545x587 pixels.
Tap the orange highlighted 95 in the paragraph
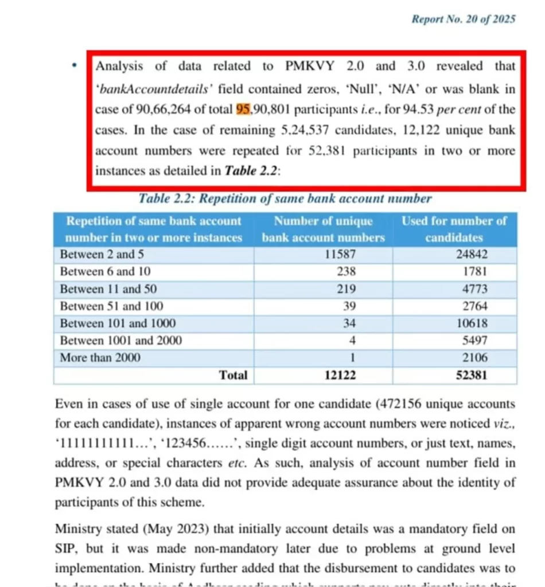point(244,109)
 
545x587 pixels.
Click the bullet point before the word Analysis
point(74,66)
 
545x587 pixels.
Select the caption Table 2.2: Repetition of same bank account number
point(285,199)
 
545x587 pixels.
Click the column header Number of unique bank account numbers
point(323,229)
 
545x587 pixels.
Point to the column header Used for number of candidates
point(454,229)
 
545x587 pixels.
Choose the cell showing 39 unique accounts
point(349,306)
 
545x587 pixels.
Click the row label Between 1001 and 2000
point(120,341)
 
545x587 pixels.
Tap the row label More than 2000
point(100,358)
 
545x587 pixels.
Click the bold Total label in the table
point(233,375)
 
